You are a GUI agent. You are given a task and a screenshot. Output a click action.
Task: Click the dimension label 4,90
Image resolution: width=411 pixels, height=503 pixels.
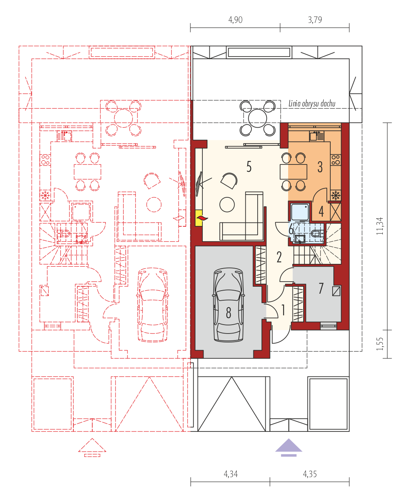[235, 20]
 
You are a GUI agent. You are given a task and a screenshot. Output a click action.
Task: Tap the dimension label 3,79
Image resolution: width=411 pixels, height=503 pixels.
[315, 20]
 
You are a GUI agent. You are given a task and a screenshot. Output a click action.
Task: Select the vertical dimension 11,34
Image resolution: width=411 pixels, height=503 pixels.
[380, 226]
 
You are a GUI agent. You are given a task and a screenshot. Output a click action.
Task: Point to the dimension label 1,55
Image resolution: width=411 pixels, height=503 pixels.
[380, 344]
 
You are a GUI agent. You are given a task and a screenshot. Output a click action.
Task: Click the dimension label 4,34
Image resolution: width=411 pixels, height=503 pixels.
[231, 474]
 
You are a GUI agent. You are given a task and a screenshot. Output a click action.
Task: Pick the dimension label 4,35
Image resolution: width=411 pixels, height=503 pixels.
[309, 474]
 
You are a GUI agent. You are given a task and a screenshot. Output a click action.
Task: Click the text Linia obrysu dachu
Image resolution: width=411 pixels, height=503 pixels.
[312, 104]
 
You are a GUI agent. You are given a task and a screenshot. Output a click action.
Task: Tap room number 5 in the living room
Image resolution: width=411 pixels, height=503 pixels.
[249, 166]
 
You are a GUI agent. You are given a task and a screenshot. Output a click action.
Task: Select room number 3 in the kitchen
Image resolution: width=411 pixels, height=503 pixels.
[320, 167]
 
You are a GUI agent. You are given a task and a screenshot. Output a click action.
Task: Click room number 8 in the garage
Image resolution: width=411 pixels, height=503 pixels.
[228, 313]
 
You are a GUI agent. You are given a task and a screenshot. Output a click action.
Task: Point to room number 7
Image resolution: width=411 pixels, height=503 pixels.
[321, 288]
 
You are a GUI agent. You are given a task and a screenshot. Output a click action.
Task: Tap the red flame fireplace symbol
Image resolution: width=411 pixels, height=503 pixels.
[202, 218]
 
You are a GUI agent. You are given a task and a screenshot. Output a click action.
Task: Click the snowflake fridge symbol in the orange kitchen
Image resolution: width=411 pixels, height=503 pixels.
[336, 195]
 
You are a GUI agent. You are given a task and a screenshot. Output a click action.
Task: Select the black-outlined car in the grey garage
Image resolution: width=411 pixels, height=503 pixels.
[228, 305]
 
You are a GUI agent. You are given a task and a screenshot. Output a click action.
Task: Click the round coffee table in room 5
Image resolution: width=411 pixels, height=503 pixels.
[227, 205]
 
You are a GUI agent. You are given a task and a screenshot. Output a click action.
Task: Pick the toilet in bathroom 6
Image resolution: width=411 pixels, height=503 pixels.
[317, 233]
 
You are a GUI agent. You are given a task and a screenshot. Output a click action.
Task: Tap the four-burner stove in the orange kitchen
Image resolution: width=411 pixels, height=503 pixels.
[336, 160]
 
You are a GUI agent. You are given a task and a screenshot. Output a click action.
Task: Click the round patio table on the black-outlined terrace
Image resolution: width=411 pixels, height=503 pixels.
[257, 118]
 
